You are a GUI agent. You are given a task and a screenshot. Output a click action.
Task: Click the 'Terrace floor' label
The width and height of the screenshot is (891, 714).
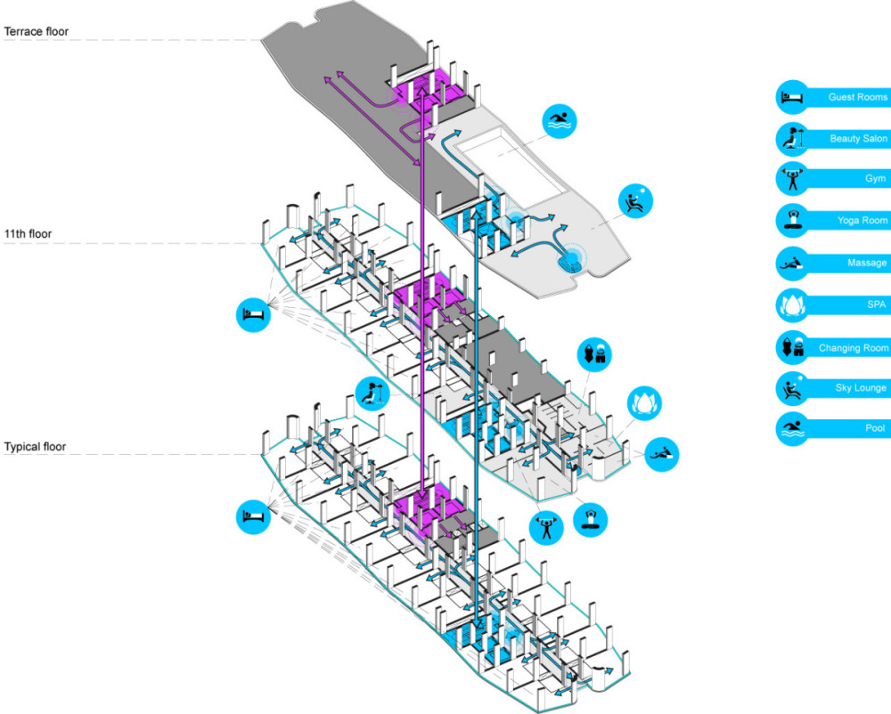click(x=36, y=32)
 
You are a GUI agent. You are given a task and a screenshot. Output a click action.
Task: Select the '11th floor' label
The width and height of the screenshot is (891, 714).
click(x=28, y=235)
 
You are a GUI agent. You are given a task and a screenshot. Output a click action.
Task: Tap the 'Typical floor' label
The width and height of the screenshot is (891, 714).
click(x=34, y=446)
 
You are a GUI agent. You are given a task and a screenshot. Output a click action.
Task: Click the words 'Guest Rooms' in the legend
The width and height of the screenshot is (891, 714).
click(x=857, y=96)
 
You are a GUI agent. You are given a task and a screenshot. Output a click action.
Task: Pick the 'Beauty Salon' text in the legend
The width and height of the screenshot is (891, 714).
click(x=858, y=139)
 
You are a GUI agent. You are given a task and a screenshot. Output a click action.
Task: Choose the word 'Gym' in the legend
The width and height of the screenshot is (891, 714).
click(x=875, y=180)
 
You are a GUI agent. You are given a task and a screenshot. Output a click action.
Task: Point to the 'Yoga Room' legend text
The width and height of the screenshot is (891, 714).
click(x=862, y=222)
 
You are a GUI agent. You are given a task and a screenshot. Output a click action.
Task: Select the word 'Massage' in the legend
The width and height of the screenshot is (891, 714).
click(x=867, y=264)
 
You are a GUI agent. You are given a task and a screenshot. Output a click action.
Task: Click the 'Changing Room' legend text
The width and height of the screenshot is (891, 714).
click(x=853, y=348)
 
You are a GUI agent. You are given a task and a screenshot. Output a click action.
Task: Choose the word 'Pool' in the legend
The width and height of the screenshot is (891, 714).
click(x=875, y=429)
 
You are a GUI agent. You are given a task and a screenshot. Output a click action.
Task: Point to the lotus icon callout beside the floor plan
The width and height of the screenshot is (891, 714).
click(x=642, y=403)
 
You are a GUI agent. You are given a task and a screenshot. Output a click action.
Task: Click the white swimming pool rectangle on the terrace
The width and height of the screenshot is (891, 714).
click(x=510, y=170)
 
